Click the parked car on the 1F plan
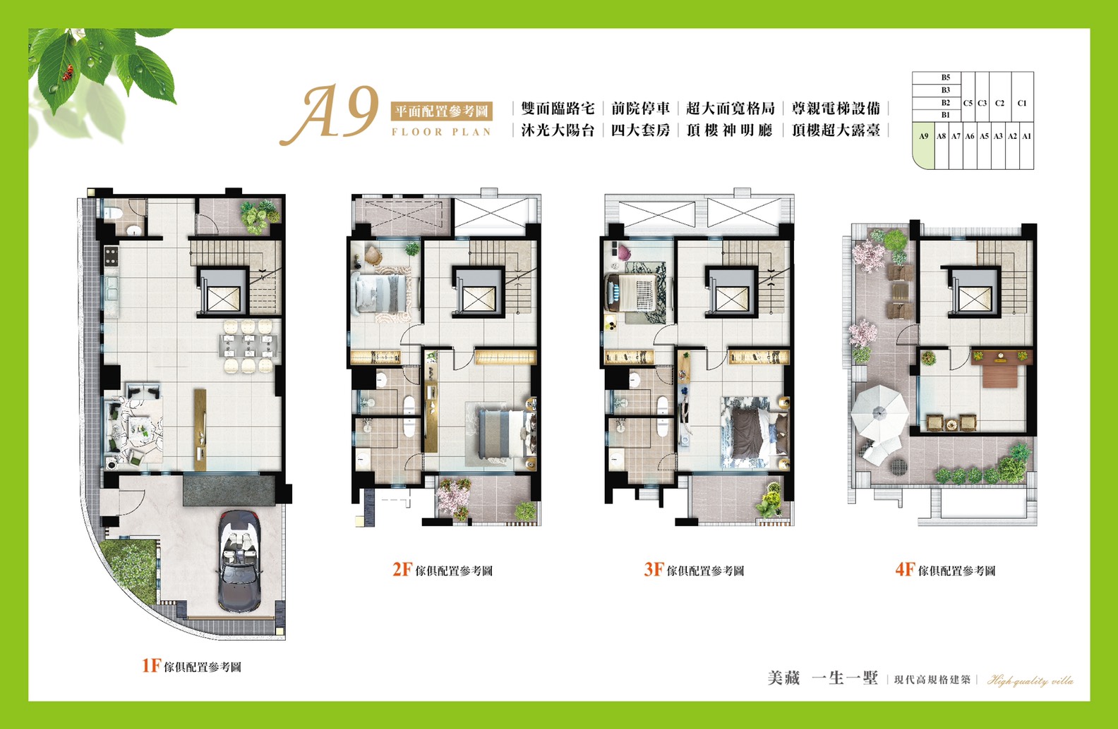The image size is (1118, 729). pyautogui.click(x=240, y=560)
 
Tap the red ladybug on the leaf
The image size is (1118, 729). pyautogui.click(x=67, y=73)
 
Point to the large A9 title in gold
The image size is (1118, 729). pyautogui.click(x=330, y=115)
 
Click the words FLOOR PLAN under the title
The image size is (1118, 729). pyautogui.click(x=441, y=132)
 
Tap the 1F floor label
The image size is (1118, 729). pyautogui.click(x=191, y=666)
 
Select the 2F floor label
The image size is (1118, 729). pyautogui.click(x=443, y=570)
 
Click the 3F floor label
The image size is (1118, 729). pyautogui.click(x=694, y=570)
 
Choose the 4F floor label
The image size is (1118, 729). pyautogui.click(x=945, y=570)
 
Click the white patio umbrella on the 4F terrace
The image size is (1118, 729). pyautogui.click(x=879, y=413)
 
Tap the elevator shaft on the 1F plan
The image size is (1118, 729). pyautogui.click(x=223, y=293)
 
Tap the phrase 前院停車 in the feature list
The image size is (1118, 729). pyautogui.click(x=640, y=108)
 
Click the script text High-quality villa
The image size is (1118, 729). pyautogui.click(x=1030, y=680)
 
